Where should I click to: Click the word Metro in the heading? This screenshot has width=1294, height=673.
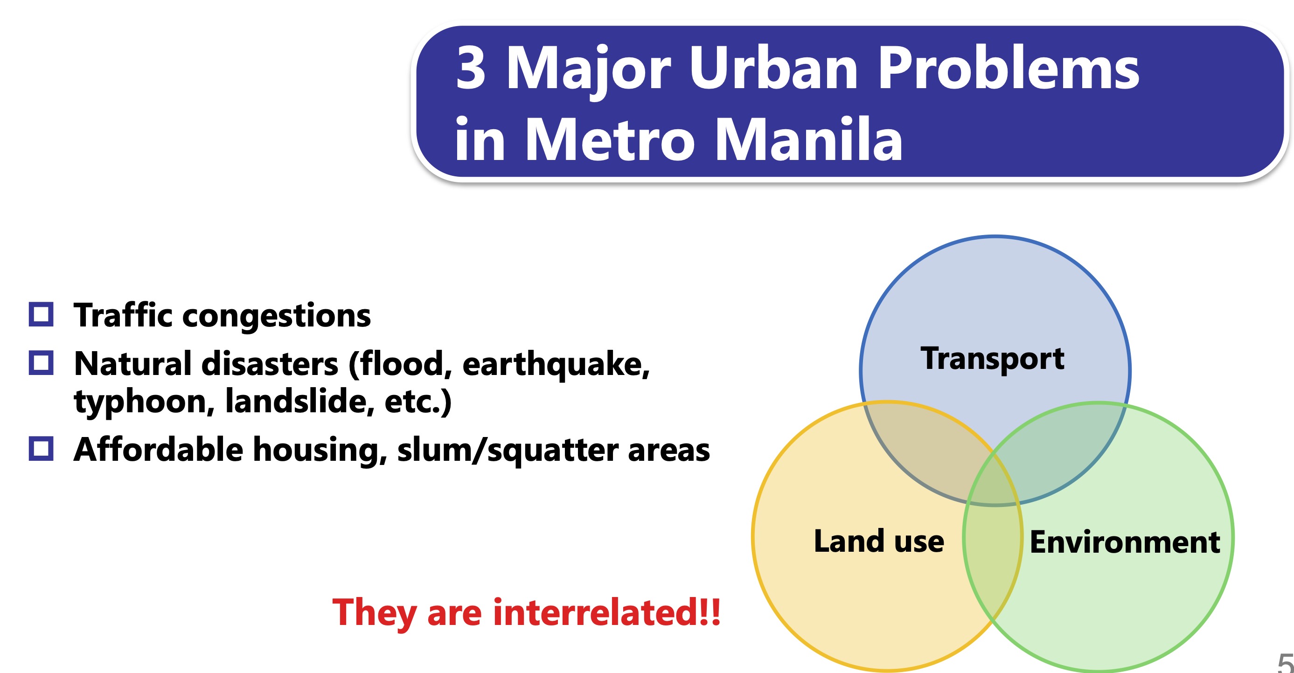[x=610, y=138]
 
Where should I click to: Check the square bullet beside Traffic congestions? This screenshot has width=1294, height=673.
[x=41, y=314]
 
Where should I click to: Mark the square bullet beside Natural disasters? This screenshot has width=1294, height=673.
[x=41, y=362]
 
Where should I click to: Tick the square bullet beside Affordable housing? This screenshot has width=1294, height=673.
[x=41, y=448]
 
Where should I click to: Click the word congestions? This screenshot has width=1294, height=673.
[x=276, y=316]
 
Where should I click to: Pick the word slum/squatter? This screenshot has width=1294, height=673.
[x=508, y=450]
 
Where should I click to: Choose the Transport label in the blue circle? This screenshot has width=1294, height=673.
[x=992, y=359]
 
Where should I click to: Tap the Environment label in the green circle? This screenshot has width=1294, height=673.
[x=1125, y=542]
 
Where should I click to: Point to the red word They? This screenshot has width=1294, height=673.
[x=374, y=613]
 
